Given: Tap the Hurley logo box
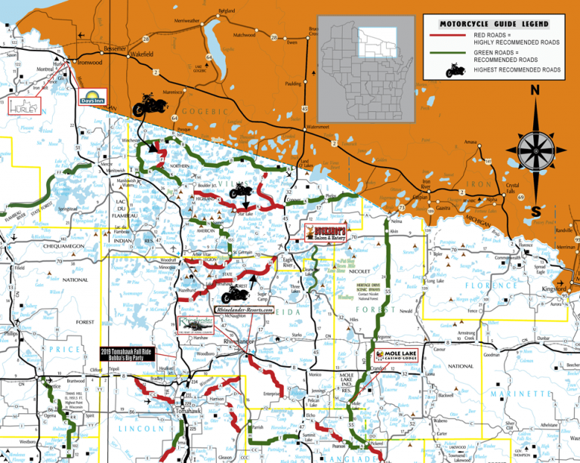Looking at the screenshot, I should [22, 106].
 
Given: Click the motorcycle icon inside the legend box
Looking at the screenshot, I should [458, 70].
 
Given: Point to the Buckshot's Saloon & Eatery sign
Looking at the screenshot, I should [329, 233].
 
